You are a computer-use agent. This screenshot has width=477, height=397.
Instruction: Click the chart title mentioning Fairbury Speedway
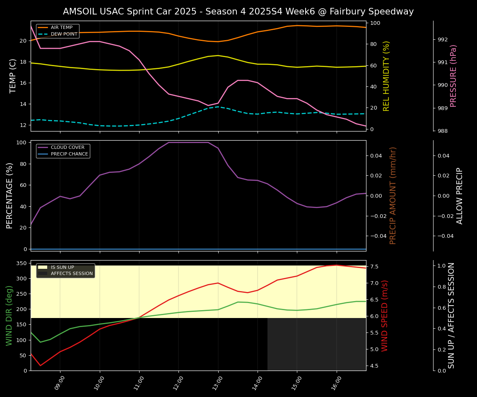click(x=238, y=12)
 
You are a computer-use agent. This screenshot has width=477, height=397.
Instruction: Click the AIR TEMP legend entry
click(x=61, y=28)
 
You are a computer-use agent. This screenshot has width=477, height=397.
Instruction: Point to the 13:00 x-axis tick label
click(x=218, y=383)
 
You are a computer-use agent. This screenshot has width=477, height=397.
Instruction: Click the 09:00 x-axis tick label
click(x=60, y=383)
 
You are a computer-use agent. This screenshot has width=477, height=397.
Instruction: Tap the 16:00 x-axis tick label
click(x=336, y=383)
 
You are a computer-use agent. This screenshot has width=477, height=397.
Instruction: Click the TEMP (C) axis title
click(x=13, y=76)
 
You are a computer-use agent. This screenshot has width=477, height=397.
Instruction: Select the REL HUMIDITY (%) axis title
click(x=387, y=76)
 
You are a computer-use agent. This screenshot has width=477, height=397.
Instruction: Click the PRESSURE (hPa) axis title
click(x=453, y=76)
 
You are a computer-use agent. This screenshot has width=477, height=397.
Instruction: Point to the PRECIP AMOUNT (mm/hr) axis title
click(x=393, y=195)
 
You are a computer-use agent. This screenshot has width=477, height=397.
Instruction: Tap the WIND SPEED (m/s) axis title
click(x=385, y=315)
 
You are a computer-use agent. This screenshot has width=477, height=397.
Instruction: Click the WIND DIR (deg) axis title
click(x=9, y=315)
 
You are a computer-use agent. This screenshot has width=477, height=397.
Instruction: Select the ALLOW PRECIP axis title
click(x=460, y=195)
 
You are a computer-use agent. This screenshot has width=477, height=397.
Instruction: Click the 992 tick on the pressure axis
click(x=443, y=40)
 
